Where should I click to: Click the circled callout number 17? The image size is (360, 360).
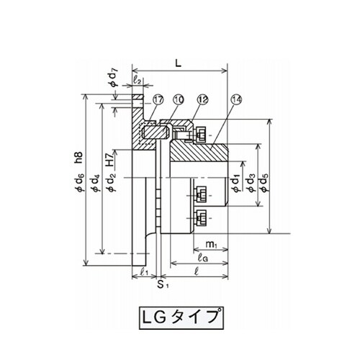coord(158,100)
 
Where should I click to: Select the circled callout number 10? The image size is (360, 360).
coord(179,100)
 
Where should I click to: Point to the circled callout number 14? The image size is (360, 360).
coord(237,100)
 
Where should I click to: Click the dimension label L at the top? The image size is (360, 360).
coord(178,63)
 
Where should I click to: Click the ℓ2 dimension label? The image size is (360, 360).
coord(138,79)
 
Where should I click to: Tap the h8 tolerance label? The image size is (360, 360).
coord(79,158)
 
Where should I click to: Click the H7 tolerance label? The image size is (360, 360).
coord(110,160)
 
